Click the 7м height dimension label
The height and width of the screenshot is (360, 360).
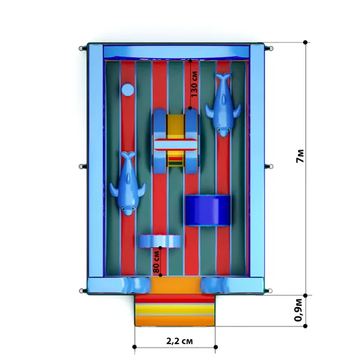click(x=300, y=156)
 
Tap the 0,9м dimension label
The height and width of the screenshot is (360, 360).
click(x=299, y=310)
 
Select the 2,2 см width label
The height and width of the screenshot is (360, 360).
click(x=179, y=341)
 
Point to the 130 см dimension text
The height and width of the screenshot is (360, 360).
click(x=194, y=84)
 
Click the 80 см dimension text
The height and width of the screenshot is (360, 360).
click(x=156, y=262)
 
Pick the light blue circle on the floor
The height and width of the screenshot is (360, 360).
click(x=128, y=90)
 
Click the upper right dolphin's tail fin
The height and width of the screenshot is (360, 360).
click(x=223, y=76)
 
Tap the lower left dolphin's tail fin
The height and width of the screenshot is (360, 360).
click(x=128, y=155)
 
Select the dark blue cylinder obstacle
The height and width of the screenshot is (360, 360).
click(x=208, y=210)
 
